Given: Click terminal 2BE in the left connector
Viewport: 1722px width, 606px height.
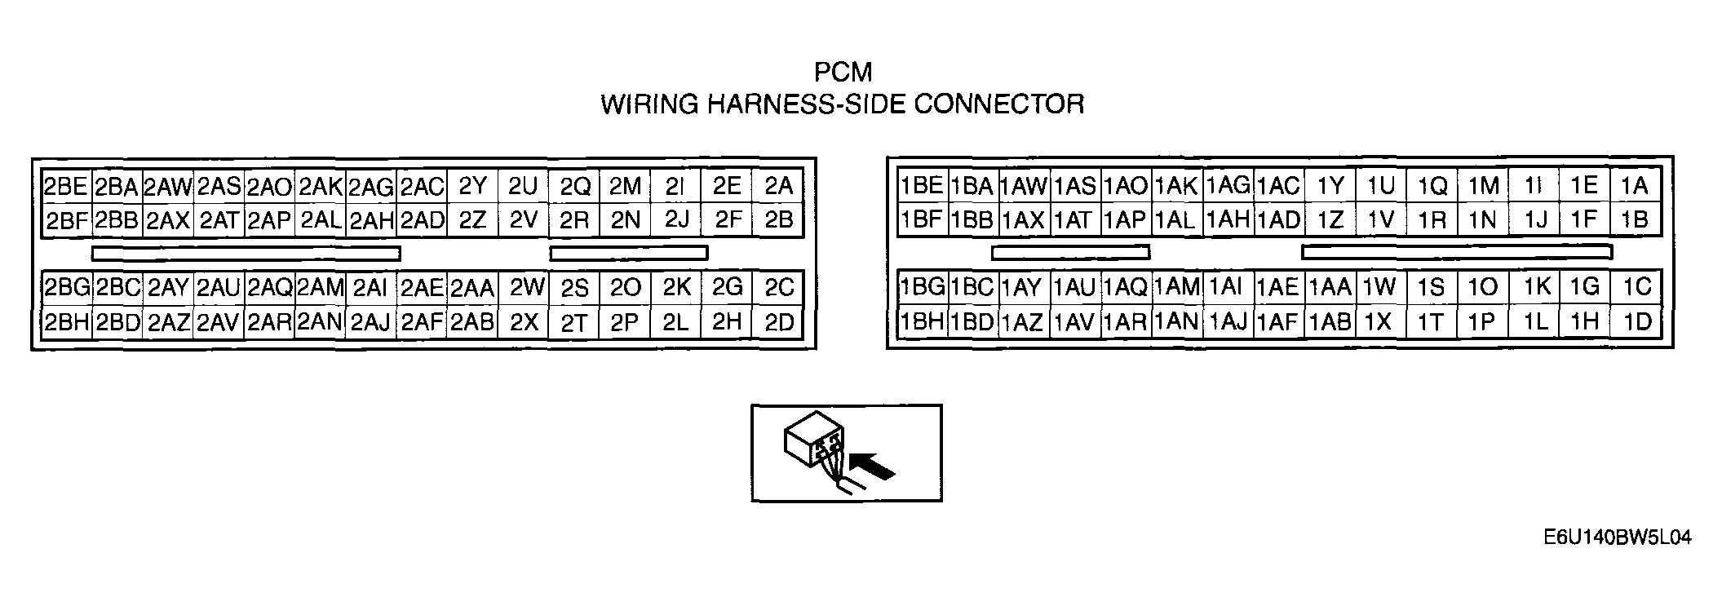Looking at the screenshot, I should click(x=66, y=187).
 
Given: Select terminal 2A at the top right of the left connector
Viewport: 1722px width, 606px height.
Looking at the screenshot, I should click(x=779, y=187).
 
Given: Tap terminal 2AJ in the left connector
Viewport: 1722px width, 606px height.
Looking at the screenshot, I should click(x=370, y=322).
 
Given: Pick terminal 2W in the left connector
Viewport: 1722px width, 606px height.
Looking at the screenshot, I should click(x=526, y=287).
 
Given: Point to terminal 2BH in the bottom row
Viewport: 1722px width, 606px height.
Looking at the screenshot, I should click(x=66, y=322).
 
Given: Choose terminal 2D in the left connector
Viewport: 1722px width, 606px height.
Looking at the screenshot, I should click(x=779, y=322).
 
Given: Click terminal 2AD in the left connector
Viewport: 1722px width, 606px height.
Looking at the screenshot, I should click(x=422, y=220).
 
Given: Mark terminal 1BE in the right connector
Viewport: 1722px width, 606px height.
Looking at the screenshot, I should click(x=922, y=186).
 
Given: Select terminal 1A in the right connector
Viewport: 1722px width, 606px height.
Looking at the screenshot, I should click(x=1634, y=186).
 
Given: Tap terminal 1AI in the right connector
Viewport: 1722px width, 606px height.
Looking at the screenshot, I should click(x=1225, y=286).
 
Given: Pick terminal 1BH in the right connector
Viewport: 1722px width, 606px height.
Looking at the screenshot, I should click(x=922, y=321).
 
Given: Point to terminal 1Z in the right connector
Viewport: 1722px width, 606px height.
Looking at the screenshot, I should click(x=1330, y=220).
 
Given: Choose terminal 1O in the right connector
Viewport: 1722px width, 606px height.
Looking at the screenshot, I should click(x=1482, y=286).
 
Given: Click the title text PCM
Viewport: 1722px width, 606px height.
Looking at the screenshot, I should click(x=843, y=73).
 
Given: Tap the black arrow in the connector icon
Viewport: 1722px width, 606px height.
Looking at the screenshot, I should click(x=873, y=467).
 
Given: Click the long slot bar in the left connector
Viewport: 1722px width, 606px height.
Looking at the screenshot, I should click(x=246, y=254).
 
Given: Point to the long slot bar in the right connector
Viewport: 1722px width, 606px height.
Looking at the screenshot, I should click(x=1457, y=252).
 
